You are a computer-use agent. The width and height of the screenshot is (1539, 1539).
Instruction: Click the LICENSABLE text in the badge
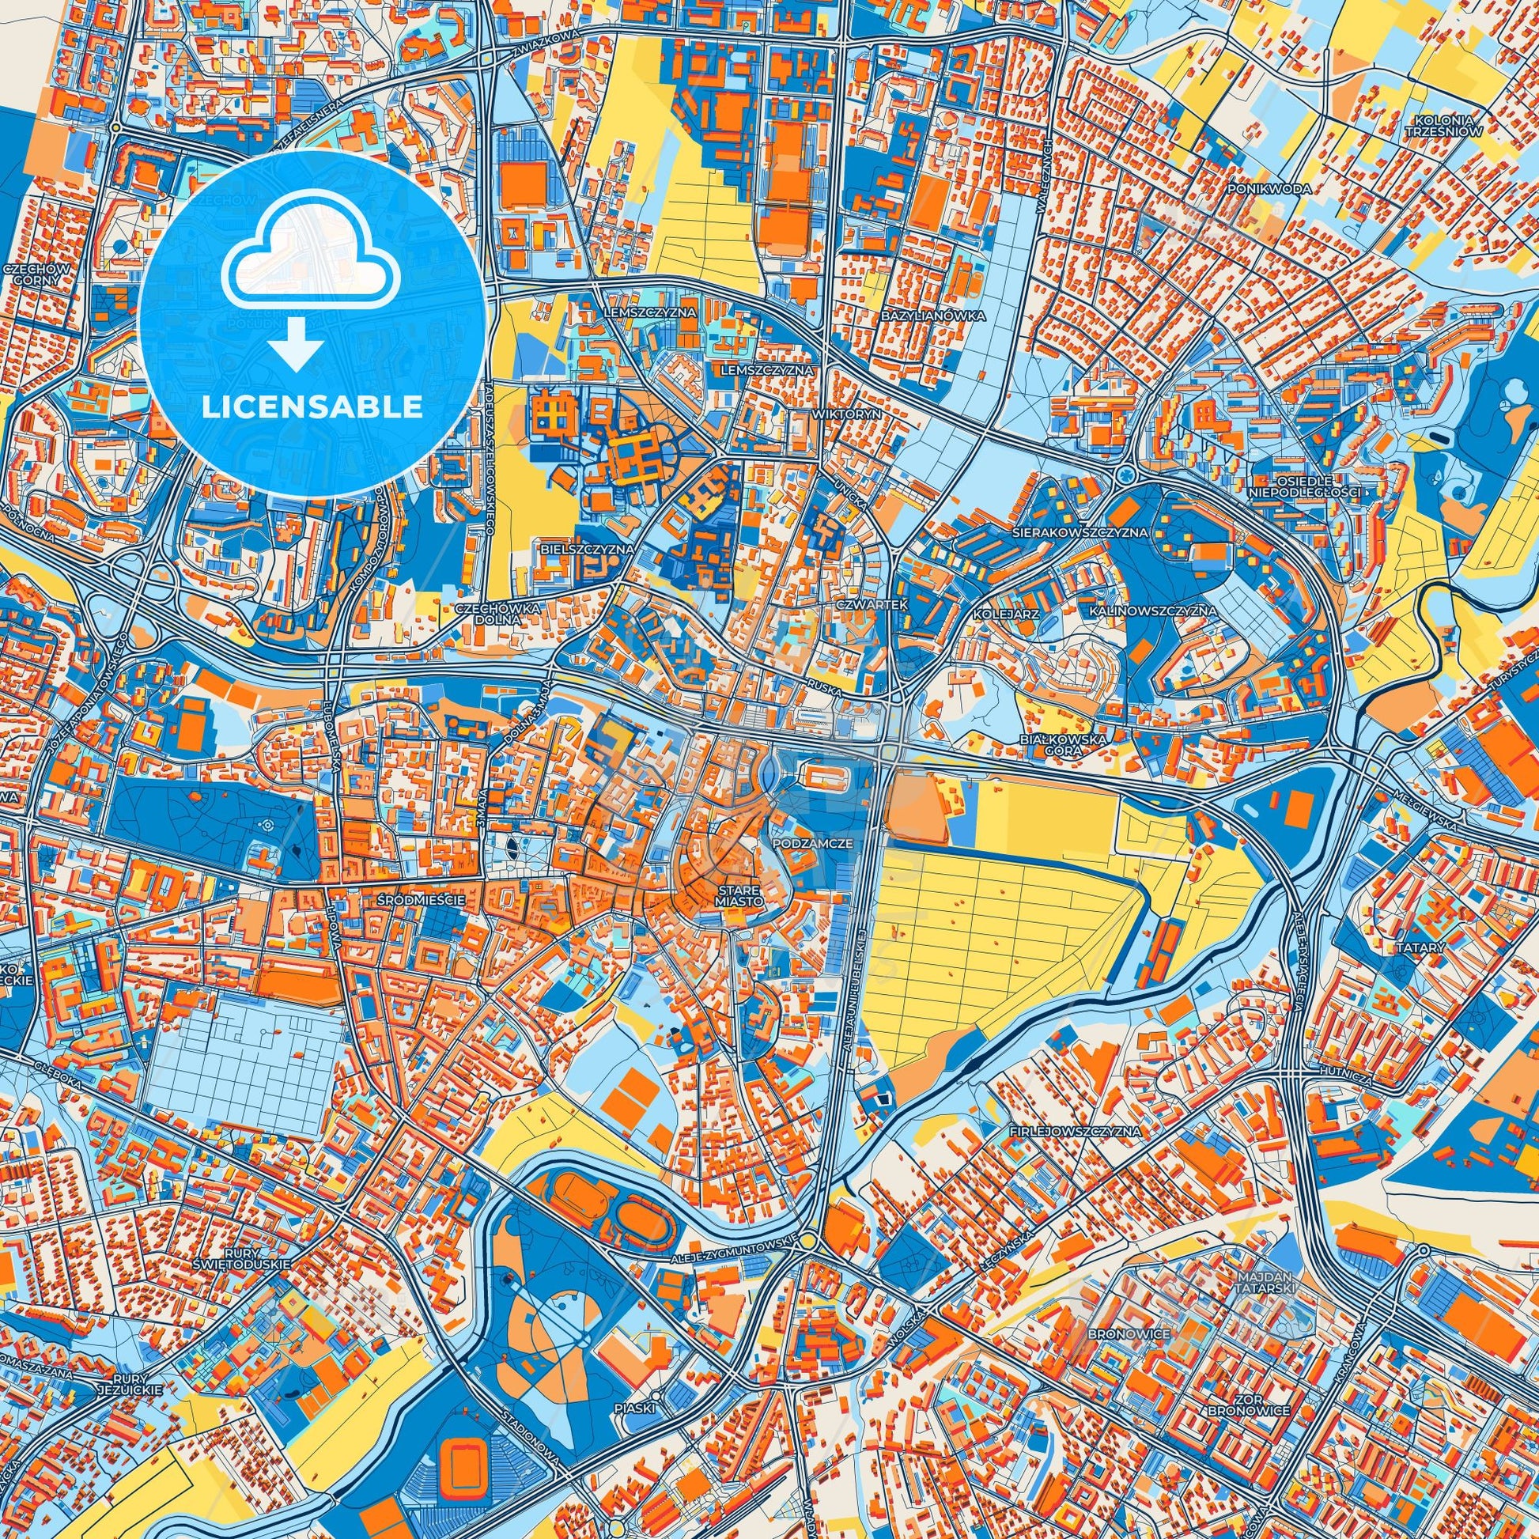coord(312,407)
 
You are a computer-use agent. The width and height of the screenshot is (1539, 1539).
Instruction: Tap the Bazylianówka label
coord(932,316)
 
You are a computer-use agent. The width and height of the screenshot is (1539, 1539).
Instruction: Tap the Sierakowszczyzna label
coord(1080,531)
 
